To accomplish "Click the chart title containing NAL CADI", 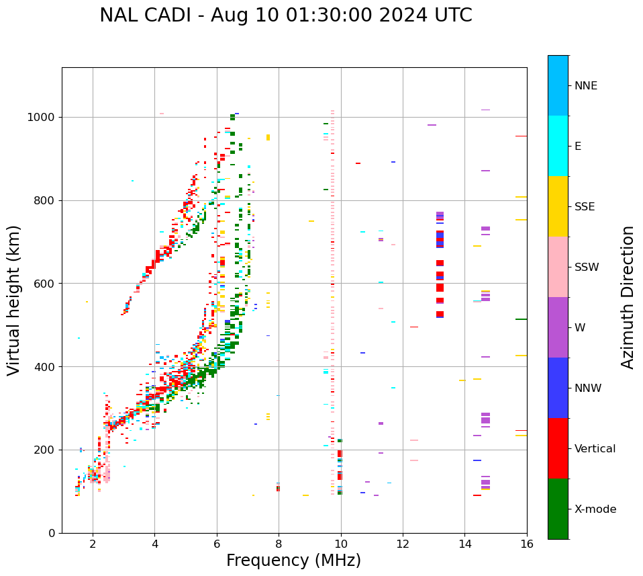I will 285,15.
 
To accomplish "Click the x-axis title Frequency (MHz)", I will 293,561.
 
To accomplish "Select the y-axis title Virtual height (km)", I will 14,300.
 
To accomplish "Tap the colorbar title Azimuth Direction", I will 628,297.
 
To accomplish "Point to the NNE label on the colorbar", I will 585,86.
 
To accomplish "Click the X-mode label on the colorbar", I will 595,509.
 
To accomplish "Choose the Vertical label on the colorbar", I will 595,449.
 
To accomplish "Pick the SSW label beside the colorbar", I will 586,268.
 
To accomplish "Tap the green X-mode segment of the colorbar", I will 558,509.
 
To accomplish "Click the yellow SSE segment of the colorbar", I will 558,206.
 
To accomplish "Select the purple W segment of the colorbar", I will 558,327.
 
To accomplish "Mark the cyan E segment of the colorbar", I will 558,146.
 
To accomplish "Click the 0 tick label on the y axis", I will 51,533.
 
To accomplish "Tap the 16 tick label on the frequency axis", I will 526,544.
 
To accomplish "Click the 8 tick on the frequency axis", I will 279,544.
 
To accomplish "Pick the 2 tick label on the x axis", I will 93,544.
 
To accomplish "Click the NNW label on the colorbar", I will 587,388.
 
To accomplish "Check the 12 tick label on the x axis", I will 403,544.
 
